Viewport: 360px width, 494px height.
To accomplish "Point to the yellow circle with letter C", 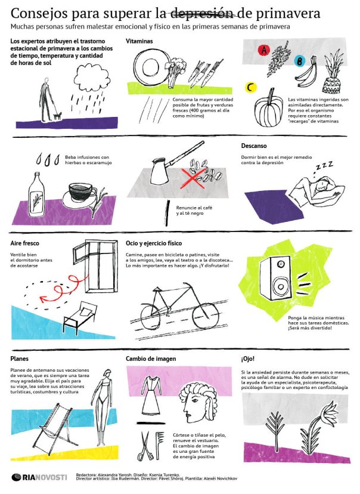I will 251,87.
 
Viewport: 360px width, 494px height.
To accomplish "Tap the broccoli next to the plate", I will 173,70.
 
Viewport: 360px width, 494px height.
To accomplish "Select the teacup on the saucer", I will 81,194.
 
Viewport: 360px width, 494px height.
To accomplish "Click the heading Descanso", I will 254,146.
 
